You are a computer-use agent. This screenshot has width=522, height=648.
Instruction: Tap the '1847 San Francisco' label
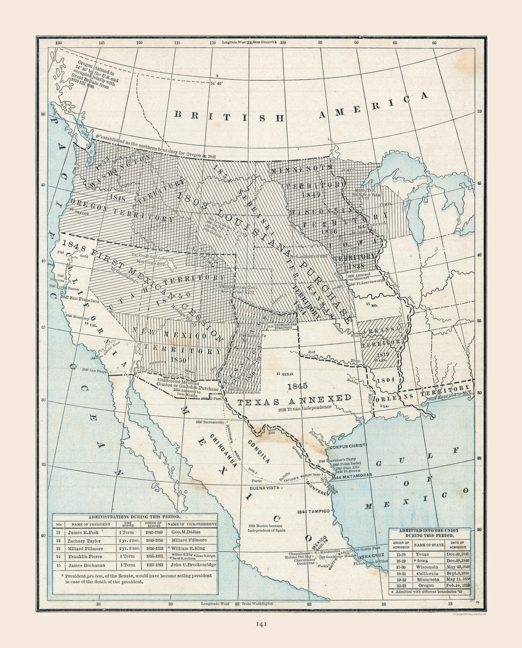[x=81, y=301]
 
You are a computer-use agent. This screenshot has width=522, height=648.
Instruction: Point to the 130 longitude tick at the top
[x=59, y=42]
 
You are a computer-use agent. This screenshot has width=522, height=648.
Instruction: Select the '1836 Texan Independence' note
[x=304, y=407]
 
